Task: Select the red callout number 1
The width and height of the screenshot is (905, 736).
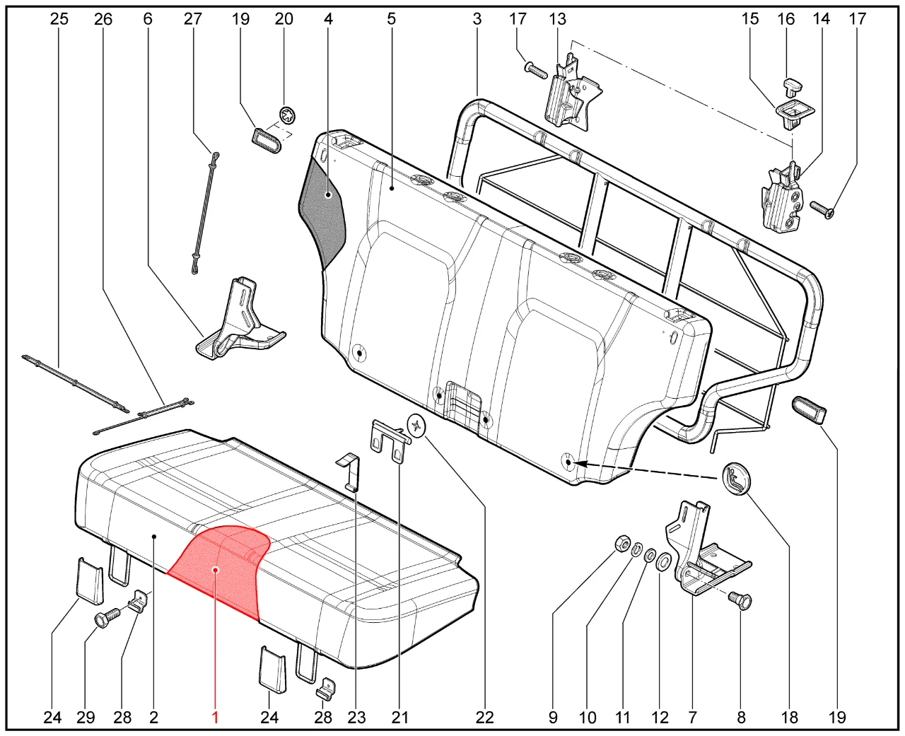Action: [215, 718]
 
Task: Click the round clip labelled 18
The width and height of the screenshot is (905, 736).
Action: [735, 480]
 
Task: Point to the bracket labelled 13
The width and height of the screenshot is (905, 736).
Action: [570, 92]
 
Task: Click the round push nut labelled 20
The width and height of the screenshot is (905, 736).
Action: [288, 115]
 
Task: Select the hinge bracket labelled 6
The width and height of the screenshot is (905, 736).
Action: [237, 322]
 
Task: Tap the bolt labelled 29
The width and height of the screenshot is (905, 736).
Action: [105, 620]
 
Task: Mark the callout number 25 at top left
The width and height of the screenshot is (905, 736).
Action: [59, 19]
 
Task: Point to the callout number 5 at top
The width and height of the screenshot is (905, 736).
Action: [391, 19]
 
